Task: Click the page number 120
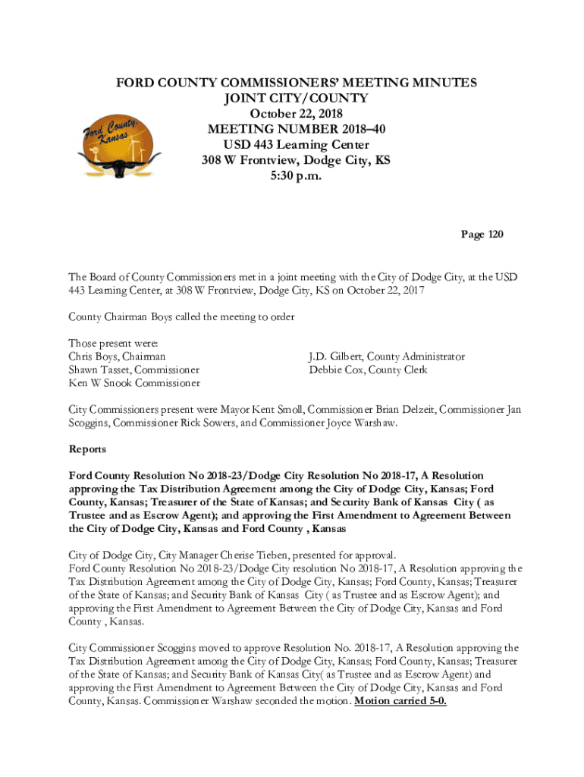[x=482, y=234]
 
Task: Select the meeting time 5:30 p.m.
[x=296, y=177]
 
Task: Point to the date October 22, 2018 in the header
[x=296, y=114]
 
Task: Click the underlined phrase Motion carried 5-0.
[x=400, y=700]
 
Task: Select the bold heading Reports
[x=87, y=449]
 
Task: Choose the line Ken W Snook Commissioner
[x=134, y=383]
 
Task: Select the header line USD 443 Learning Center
[x=296, y=145]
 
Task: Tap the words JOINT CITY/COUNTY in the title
[x=296, y=98]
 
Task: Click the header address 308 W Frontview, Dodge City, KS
[x=296, y=161]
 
